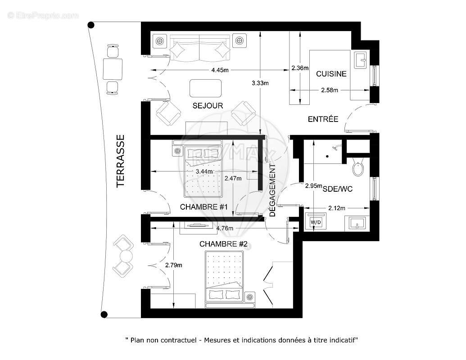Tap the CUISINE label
(x=331, y=74)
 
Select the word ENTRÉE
(x=323, y=119)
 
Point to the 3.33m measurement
(x=260, y=83)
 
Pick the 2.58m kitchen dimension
(x=330, y=90)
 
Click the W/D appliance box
(x=315, y=223)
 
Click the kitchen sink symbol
(x=361, y=58)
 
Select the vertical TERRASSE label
(x=120, y=161)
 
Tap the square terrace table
(x=113, y=69)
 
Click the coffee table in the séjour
(x=206, y=88)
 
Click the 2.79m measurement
(x=174, y=265)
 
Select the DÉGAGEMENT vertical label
(x=272, y=190)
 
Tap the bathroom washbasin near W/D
(x=357, y=223)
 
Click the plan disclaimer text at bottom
(x=242, y=340)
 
